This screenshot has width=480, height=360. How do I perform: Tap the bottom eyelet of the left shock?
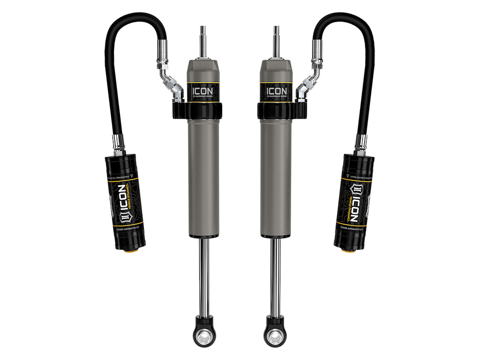(204, 333)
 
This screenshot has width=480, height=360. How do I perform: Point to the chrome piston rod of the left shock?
(204, 276)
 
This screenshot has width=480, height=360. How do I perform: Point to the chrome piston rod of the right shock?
(276, 276)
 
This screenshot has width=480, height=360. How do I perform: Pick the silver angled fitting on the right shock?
(308, 84)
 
